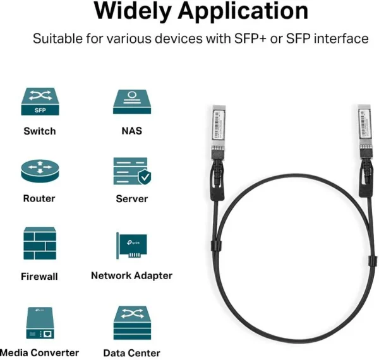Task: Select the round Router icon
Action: coord(39,170)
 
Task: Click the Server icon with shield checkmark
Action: coord(131,171)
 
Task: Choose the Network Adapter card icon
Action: coord(131,246)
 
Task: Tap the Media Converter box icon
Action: coord(39,323)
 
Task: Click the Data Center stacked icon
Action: coord(131,323)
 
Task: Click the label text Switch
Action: coord(40,131)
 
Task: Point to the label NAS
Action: coord(131,131)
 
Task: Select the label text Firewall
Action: coord(39,276)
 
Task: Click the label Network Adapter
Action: coord(131,275)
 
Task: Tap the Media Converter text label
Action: coord(40,352)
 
